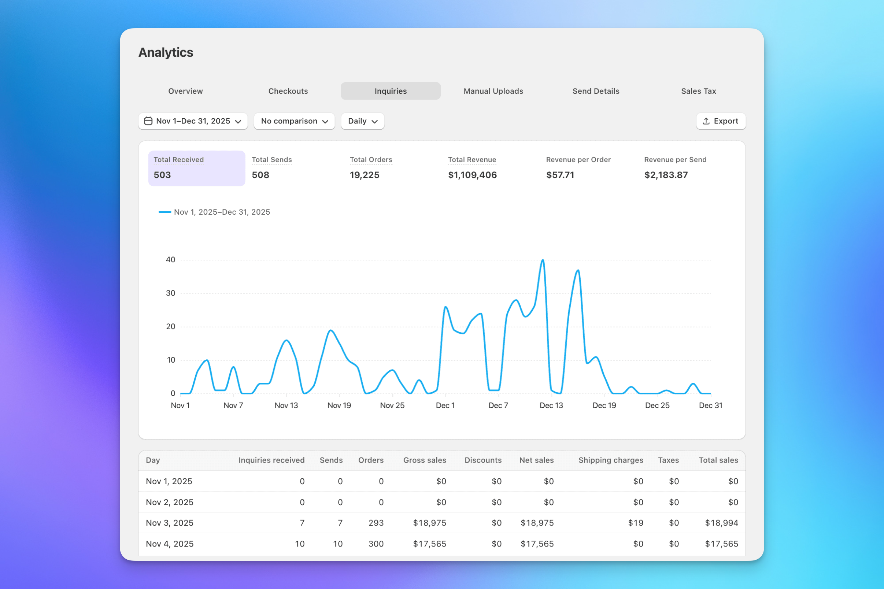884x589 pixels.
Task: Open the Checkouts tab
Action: click(288, 91)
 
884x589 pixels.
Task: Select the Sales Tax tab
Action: click(698, 91)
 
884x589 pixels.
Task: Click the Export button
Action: click(720, 121)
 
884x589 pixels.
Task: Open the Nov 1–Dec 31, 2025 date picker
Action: click(193, 121)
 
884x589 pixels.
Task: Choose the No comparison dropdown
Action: click(294, 121)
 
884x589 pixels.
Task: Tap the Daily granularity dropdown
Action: click(362, 121)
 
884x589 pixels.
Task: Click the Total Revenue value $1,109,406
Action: click(472, 175)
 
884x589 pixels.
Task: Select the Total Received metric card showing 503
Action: click(196, 168)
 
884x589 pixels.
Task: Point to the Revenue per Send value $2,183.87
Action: click(666, 175)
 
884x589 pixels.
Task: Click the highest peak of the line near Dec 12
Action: click(543, 260)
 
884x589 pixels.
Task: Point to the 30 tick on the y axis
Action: click(171, 293)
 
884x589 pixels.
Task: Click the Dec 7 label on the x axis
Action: click(498, 405)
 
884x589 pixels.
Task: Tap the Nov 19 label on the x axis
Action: click(339, 405)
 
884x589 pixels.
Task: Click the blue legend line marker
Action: click(164, 212)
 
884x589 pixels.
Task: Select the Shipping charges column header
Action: click(610, 460)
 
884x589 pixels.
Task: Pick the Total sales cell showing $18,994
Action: click(721, 523)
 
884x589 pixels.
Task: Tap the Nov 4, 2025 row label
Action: click(170, 544)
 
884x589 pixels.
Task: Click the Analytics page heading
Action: click(166, 52)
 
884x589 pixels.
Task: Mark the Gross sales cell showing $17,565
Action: click(429, 544)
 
